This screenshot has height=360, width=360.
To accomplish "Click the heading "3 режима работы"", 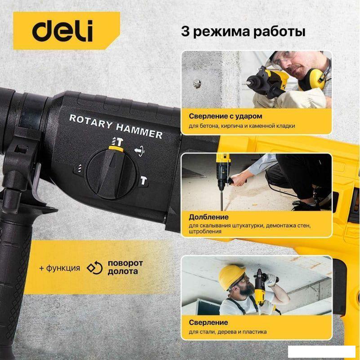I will (x=243, y=32).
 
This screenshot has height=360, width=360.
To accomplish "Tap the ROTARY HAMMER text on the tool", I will (x=116, y=126).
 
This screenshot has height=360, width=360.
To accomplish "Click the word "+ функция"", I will (x=59, y=268).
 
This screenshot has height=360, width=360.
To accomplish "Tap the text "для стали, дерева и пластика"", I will (x=227, y=332).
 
